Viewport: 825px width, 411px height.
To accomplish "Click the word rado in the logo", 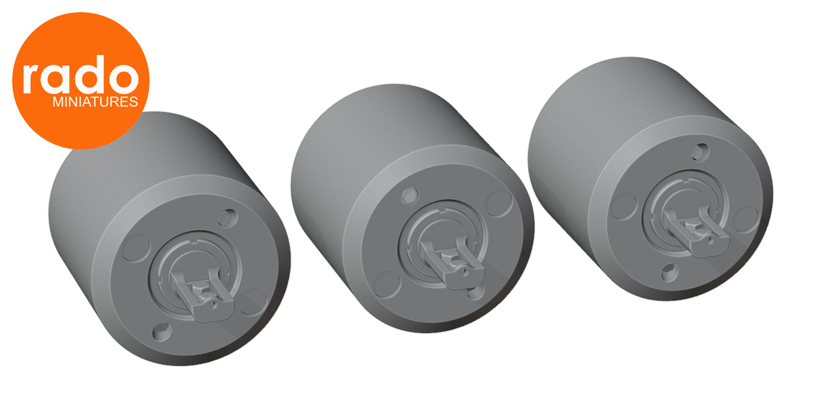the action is click(81, 75).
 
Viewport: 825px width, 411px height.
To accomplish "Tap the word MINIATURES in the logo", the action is click(95, 102).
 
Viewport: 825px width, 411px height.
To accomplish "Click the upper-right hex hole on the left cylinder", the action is click(228, 218).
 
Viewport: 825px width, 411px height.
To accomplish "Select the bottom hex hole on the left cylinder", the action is click(162, 332).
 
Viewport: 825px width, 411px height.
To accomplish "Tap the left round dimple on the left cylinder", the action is click(136, 248).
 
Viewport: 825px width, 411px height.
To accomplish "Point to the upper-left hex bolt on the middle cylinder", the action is click(409, 195).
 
